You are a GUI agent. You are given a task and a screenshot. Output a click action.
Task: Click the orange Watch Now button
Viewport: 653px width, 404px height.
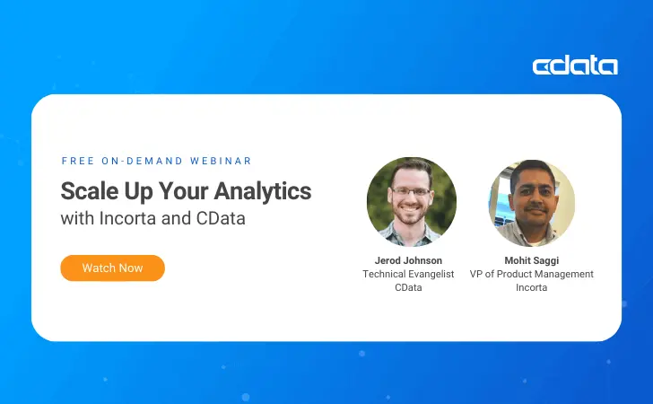click(x=112, y=268)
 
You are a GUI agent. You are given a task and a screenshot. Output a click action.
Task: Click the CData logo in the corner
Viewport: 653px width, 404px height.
click(x=574, y=66)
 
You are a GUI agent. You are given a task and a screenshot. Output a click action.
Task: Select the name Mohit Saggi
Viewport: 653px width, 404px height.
click(x=531, y=260)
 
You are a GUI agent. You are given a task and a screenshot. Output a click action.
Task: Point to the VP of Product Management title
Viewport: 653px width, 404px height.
click(x=531, y=274)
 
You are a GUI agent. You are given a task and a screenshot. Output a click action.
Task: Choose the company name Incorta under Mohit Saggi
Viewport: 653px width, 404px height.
click(x=531, y=287)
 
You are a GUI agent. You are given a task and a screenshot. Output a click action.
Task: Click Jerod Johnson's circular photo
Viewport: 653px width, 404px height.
click(x=411, y=202)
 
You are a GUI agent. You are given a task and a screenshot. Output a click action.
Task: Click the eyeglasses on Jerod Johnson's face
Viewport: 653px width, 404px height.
click(x=411, y=192)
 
